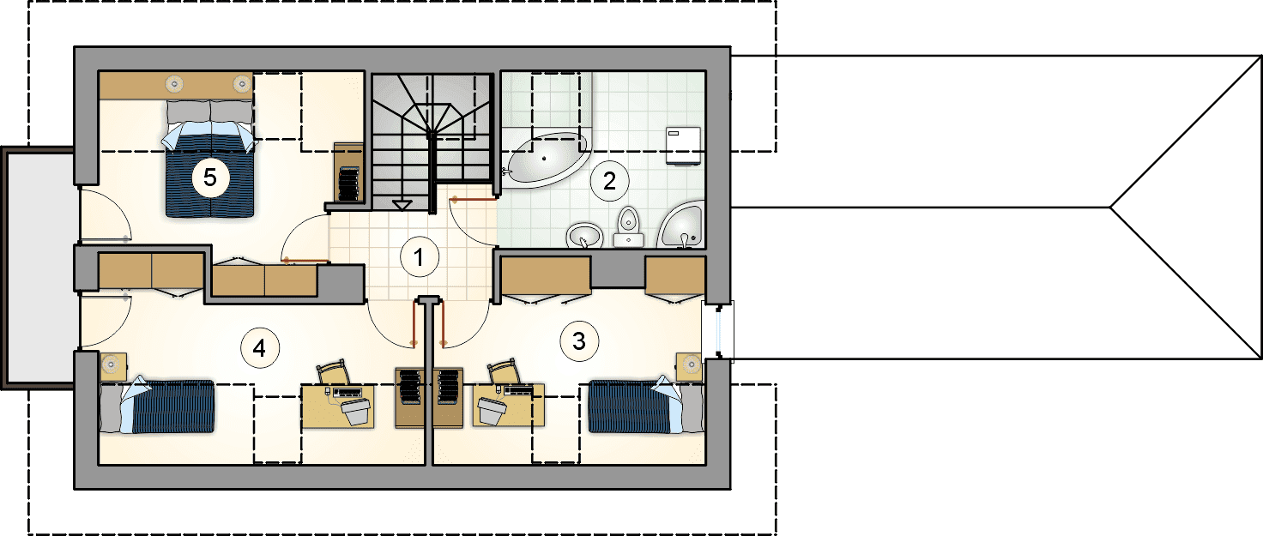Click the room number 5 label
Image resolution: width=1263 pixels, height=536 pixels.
(x=209, y=178)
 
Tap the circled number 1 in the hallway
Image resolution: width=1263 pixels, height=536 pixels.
(x=419, y=257)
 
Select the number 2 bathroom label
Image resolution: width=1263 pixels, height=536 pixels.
(x=609, y=181)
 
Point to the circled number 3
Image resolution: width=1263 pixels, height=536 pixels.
(x=579, y=341)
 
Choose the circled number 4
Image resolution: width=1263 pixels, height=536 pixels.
(x=259, y=348)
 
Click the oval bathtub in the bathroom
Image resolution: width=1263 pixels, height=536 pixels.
(x=544, y=159)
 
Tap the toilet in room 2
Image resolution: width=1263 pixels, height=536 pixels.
(x=628, y=227)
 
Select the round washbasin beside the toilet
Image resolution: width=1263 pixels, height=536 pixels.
(x=584, y=235)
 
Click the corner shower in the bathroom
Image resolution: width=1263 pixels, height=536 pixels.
(x=681, y=225)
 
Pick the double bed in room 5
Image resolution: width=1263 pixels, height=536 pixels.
(x=209, y=159)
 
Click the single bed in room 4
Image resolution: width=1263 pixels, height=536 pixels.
(x=157, y=407)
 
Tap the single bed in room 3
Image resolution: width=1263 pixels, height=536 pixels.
(x=646, y=407)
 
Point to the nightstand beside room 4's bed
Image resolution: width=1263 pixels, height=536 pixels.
(x=113, y=365)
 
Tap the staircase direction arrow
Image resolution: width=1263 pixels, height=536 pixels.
(x=402, y=205)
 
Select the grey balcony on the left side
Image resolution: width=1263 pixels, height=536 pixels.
(x=39, y=268)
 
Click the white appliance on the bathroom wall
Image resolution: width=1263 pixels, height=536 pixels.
(x=683, y=146)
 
